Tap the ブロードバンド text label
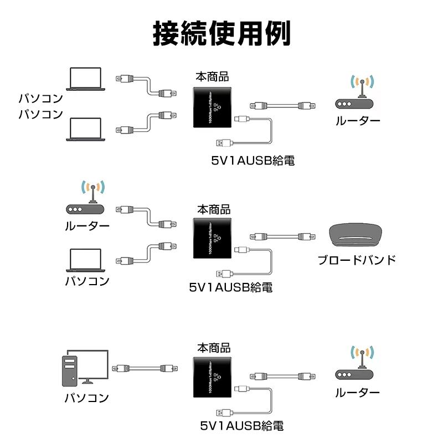click(x=357, y=260)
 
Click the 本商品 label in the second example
click(x=214, y=210)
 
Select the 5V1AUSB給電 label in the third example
click(x=242, y=426)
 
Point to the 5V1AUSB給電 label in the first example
click(x=252, y=161)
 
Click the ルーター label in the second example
click(x=87, y=226)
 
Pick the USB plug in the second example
click(x=223, y=274)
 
